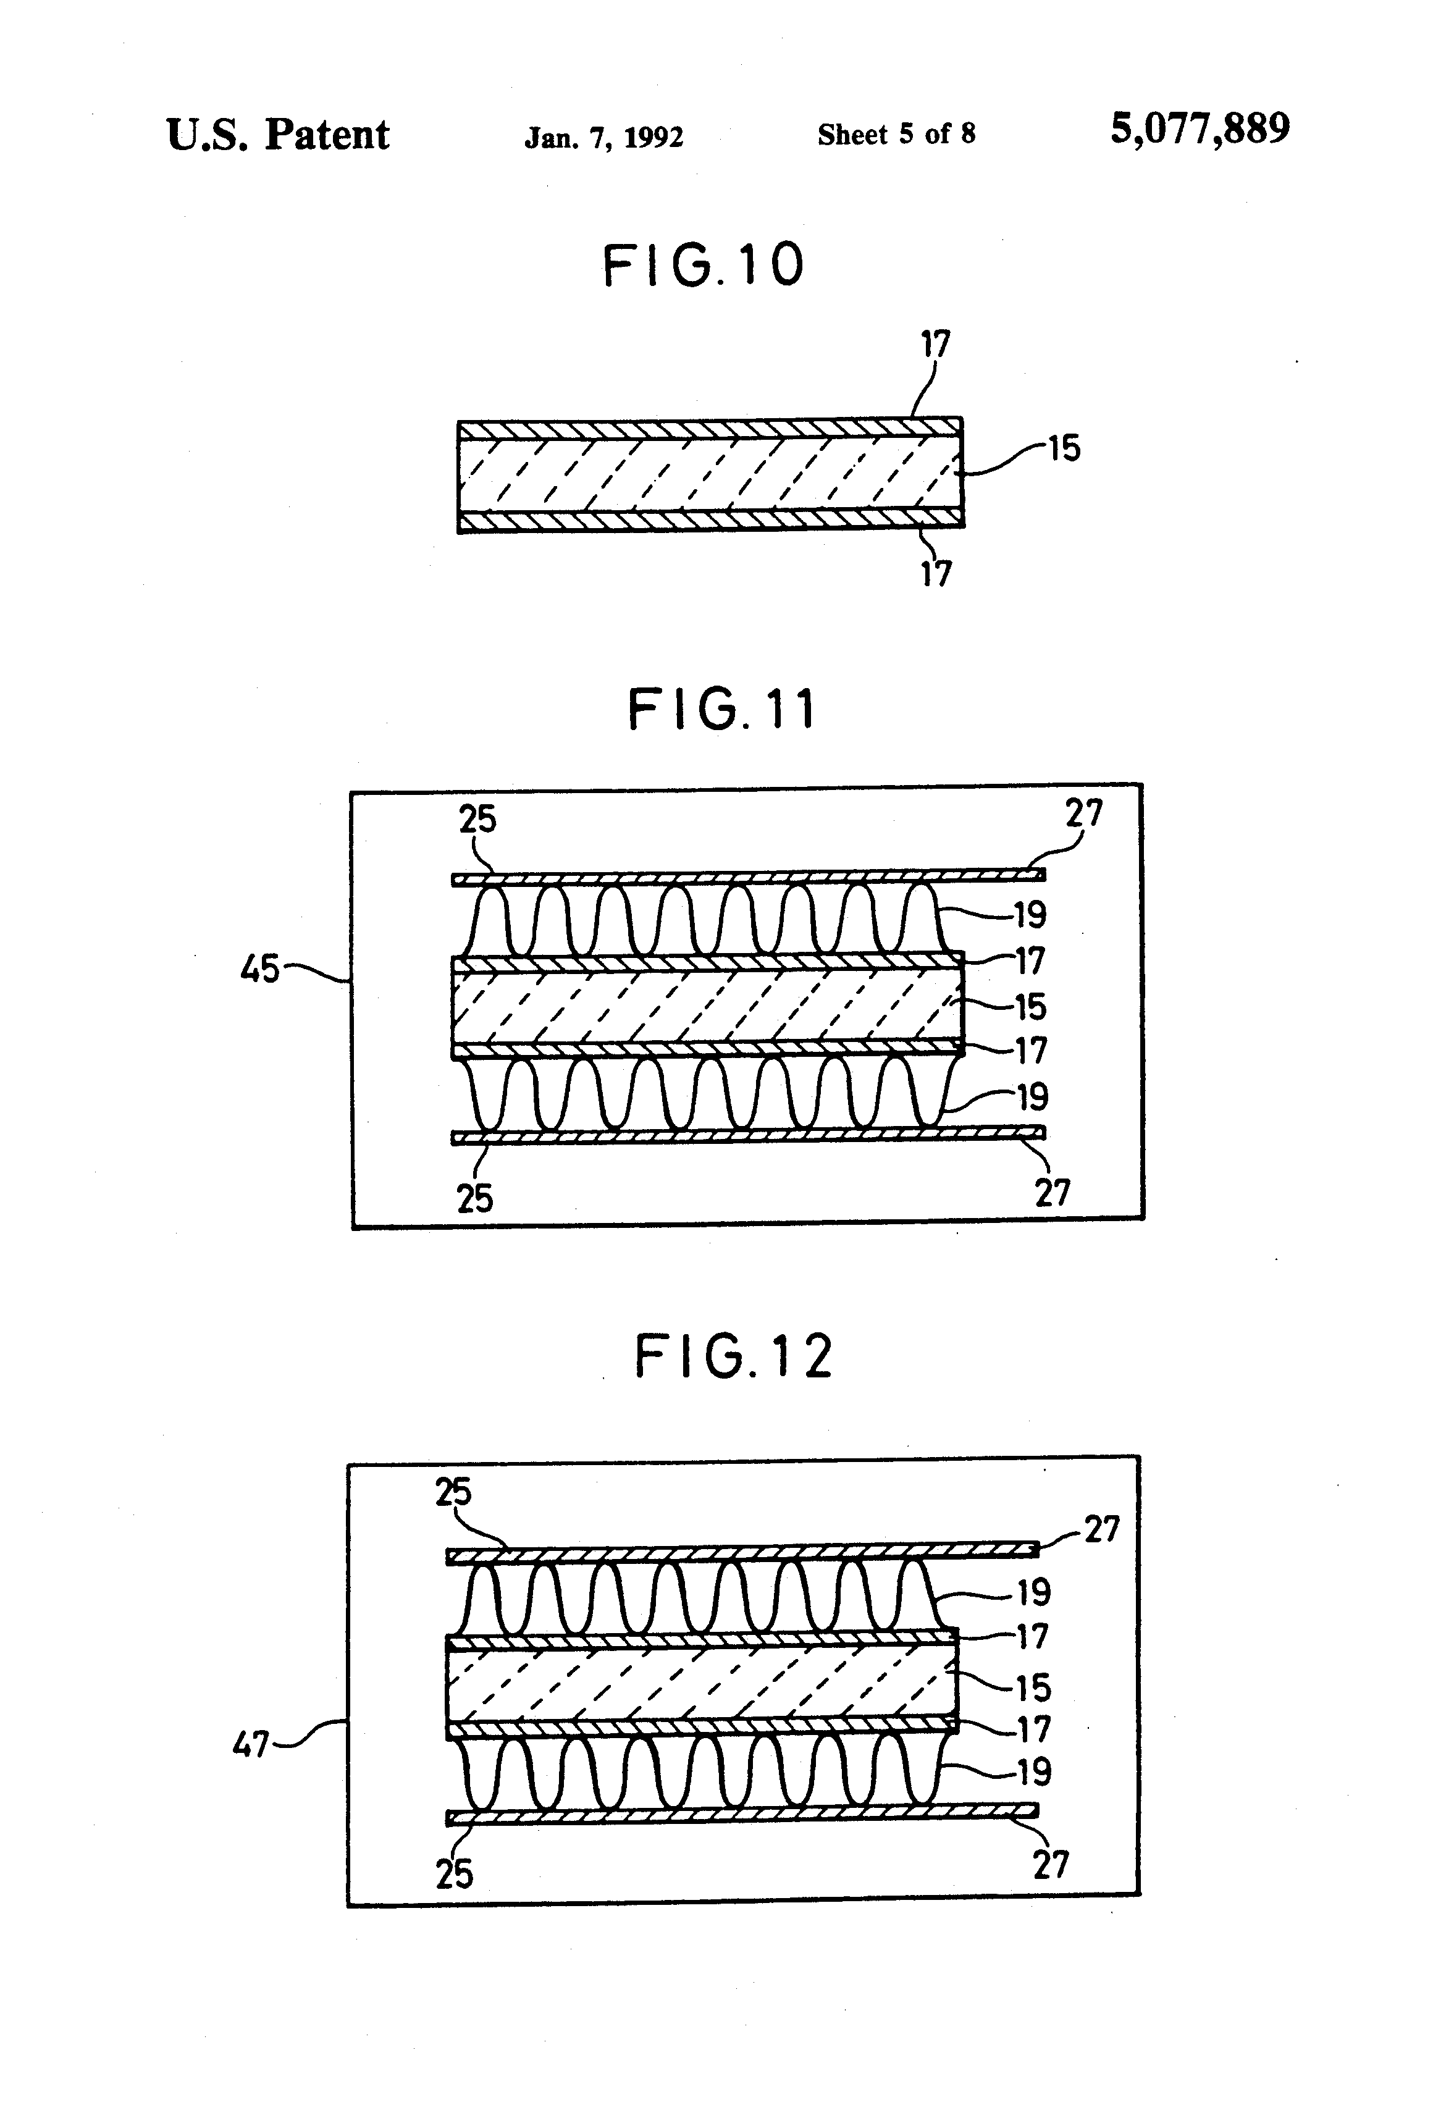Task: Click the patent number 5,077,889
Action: click(x=1200, y=130)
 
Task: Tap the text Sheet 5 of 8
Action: click(x=896, y=135)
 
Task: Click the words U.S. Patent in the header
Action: click(x=277, y=136)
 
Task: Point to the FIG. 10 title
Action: click(x=704, y=266)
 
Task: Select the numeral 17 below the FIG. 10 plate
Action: click(x=936, y=573)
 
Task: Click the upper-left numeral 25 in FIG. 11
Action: click(x=477, y=820)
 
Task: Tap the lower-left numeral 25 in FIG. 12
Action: click(x=454, y=1874)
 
